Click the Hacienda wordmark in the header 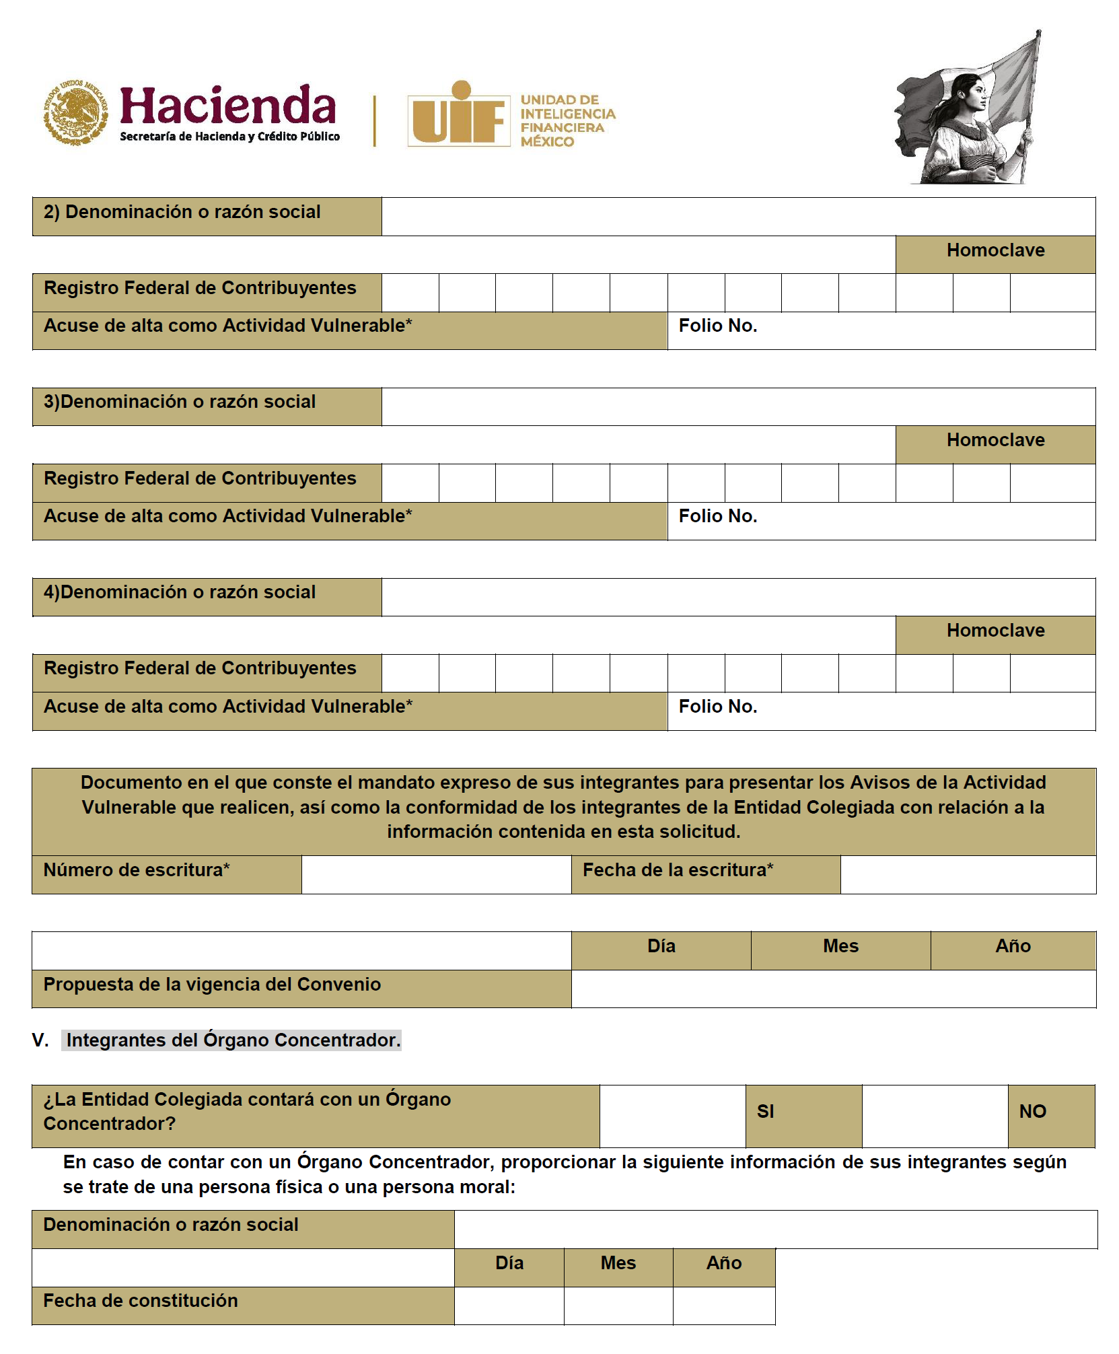pyautogui.click(x=227, y=106)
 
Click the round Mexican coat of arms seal pyautogui.click(x=75, y=112)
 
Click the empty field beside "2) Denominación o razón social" pyautogui.click(x=737, y=216)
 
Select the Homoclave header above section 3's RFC pyautogui.click(x=995, y=441)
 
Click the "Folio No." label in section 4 pyautogui.click(x=717, y=707)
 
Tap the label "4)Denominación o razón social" pyautogui.click(x=180, y=592)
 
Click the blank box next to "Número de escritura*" pyautogui.click(x=436, y=874)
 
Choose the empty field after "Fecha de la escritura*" pyautogui.click(x=968, y=874)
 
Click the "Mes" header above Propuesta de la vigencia pyautogui.click(x=840, y=947)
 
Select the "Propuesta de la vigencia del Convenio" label pyautogui.click(x=212, y=985)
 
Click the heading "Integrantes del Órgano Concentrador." pyautogui.click(x=233, y=1040)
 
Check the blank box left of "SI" pyautogui.click(x=672, y=1116)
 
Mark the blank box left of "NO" pyautogui.click(x=934, y=1116)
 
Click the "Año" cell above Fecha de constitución pyautogui.click(x=723, y=1263)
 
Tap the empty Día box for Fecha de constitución pyautogui.click(x=509, y=1306)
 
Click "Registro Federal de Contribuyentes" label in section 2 pyautogui.click(x=200, y=288)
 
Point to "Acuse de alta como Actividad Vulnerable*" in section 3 pyautogui.click(x=227, y=516)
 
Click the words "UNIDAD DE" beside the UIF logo pyautogui.click(x=559, y=100)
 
